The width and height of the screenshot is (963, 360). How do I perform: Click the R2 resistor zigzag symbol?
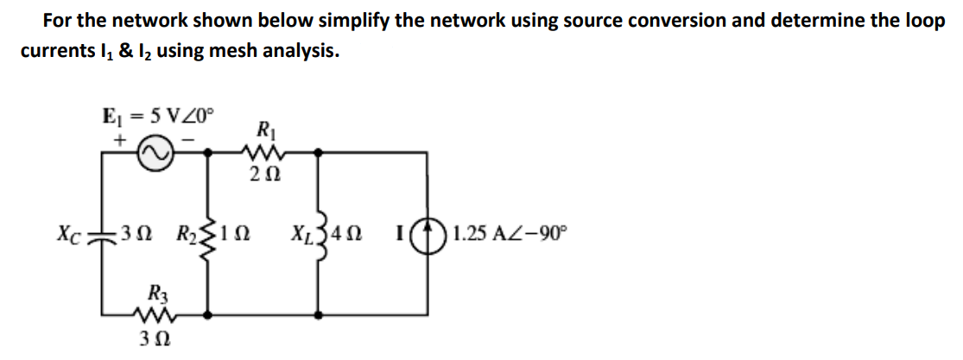point(207,232)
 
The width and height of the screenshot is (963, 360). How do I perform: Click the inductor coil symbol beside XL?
point(320,232)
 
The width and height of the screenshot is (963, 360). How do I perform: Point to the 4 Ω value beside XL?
point(350,233)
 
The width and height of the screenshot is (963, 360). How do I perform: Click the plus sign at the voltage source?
point(121,137)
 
